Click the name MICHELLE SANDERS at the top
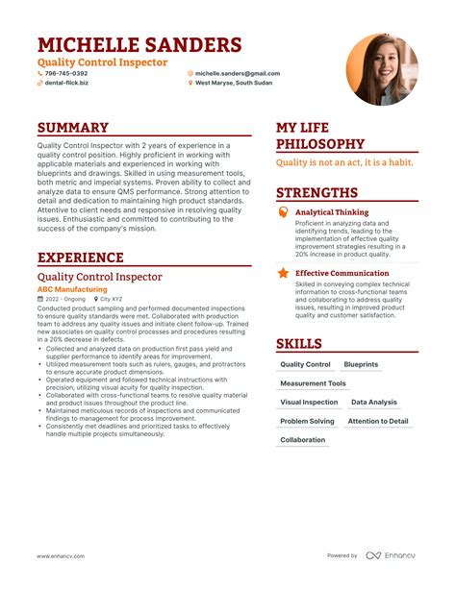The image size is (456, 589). (x=139, y=45)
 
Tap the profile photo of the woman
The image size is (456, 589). (x=381, y=69)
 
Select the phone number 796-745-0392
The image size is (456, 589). (x=66, y=73)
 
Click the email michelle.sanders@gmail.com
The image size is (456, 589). (x=237, y=73)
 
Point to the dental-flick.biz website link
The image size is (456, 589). (x=66, y=83)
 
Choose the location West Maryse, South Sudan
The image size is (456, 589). (x=234, y=83)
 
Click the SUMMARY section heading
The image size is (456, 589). (x=73, y=128)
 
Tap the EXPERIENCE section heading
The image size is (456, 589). (x=81, y=258)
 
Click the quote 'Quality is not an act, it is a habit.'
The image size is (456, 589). (x=345, y=163)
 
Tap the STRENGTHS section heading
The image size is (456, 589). (x=317, y=192)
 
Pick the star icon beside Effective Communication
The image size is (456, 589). (x=283, y=273)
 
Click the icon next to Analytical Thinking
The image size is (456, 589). (x=283, y=211)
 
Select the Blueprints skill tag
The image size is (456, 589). (x=361, y=365)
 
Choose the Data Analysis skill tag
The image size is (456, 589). (x=373, y=403)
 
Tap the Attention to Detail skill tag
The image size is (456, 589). (x=377, y=421)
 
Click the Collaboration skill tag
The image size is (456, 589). (x=303, y=440)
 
